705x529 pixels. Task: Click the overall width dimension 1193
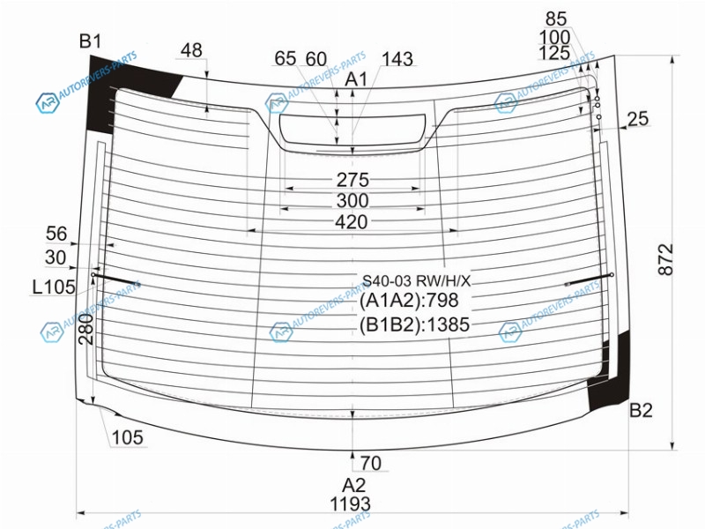350,504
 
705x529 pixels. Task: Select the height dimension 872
666,259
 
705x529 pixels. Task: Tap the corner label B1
91,41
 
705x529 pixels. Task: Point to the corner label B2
641,410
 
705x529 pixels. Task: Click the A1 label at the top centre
356,79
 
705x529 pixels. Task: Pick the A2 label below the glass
354,486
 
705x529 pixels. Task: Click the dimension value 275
352,180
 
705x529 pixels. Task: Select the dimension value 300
352,201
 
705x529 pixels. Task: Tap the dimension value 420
351,222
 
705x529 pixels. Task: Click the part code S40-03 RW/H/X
416,281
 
